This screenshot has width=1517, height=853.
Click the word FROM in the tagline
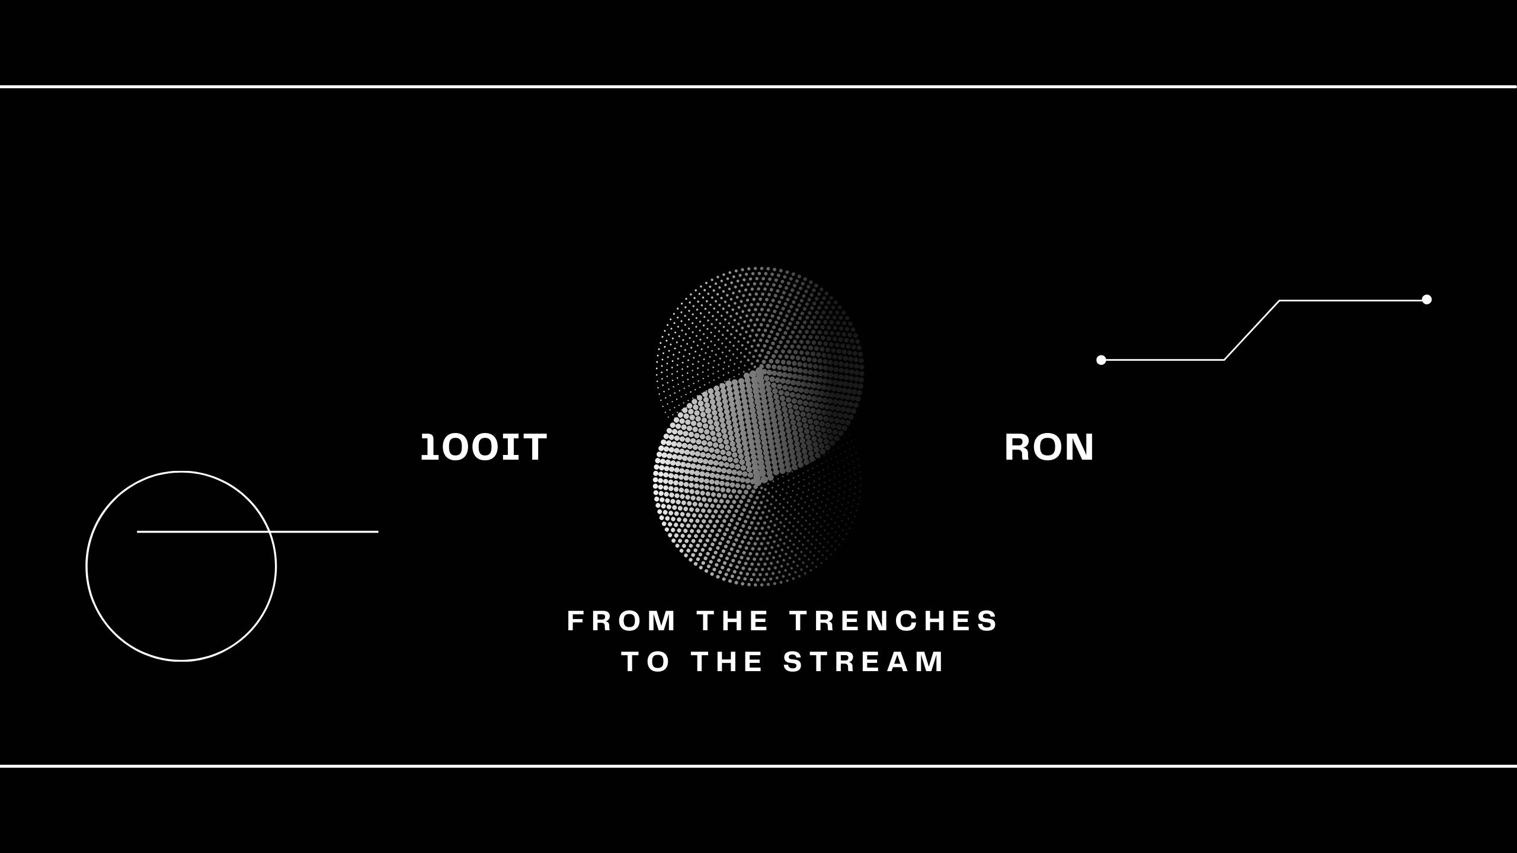[x=622, y=621]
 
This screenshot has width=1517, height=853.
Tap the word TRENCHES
[x=894, y=621]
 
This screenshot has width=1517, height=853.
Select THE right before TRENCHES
[x=733, y=621]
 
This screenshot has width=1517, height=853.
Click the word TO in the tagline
[x=645, y=662]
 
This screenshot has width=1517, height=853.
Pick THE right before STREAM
[x=727, y=662]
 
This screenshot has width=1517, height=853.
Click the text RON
[x=1048, y=447]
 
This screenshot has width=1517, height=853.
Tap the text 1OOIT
[x=484, y=447]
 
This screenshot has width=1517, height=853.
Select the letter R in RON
[x=1017, y=447]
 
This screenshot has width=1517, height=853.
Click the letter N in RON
[x=1080, y=447]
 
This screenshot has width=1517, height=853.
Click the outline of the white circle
[x=87, y=566]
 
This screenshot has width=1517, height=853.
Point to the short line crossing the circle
[x=258, y=532]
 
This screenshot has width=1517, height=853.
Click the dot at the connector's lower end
[x=1101, y=360]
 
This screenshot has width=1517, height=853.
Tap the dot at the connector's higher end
[x=1427, y=299]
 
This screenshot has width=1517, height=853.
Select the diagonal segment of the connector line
[x=1252, y=330]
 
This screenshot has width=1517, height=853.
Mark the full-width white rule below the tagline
[x=758, y=766]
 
